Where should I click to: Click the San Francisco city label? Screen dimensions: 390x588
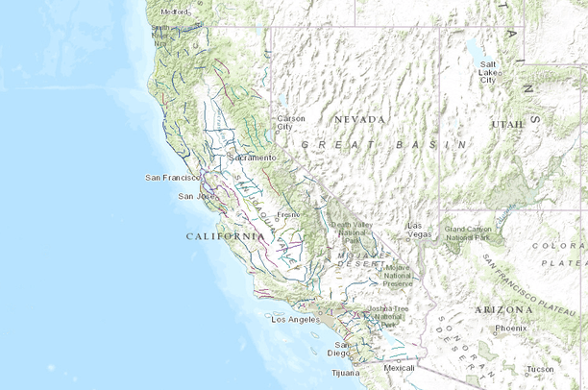tap(171, 178)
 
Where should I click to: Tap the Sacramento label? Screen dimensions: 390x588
tap(254, 157)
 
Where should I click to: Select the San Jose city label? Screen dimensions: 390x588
tap(192, 196)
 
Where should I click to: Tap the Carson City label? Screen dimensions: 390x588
tap(291, 122)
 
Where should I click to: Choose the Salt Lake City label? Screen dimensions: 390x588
tap(488, 72)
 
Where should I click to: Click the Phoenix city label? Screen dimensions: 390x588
tap(510, 329)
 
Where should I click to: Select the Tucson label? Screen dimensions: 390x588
tap(539, 369)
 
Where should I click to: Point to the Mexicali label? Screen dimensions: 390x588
tap(399, 368)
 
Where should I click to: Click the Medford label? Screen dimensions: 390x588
tap(175, 12)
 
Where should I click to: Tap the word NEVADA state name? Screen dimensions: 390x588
tap(359, 119)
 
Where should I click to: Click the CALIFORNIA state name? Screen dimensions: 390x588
tap(225, 235)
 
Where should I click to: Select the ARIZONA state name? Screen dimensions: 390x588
tap(502, 310)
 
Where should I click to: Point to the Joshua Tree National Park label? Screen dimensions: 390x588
tap(387, 316)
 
